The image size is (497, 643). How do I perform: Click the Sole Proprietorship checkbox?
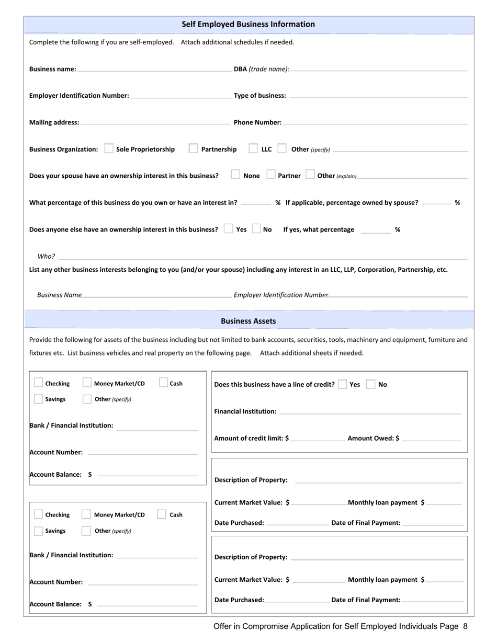point(109,149)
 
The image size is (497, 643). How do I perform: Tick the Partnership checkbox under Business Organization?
point(194,149)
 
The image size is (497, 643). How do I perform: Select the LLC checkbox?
point(253,149)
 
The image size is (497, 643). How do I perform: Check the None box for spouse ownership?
point(235,175)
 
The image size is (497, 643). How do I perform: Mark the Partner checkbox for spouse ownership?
point(271,175)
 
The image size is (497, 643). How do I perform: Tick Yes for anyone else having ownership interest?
point(228,229)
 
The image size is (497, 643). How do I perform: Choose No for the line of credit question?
point(370,384)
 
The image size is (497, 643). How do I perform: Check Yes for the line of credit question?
point(343,384)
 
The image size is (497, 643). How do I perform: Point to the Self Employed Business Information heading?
point(248,24)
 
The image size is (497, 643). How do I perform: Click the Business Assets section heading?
point(248,321)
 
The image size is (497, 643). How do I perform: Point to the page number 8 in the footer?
point(465,626)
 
